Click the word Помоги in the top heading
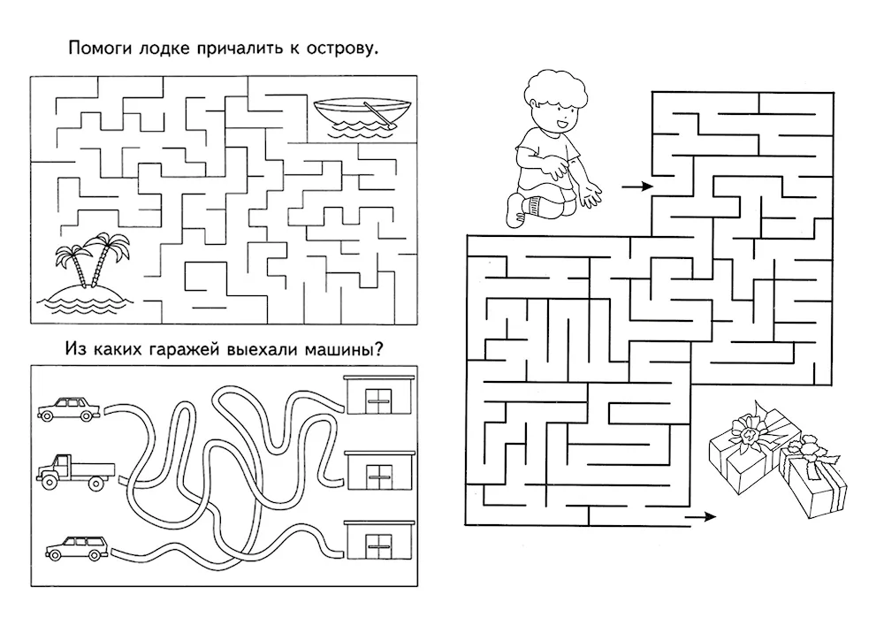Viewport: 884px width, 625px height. tap(100, 49)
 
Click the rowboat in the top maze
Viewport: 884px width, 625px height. tap(362, 118)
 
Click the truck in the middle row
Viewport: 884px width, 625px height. tap(75, 470)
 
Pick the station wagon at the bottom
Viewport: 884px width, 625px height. tap(77, 549)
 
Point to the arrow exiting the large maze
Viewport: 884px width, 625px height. tap(701, 516)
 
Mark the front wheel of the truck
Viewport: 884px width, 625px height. tap(48, 481)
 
